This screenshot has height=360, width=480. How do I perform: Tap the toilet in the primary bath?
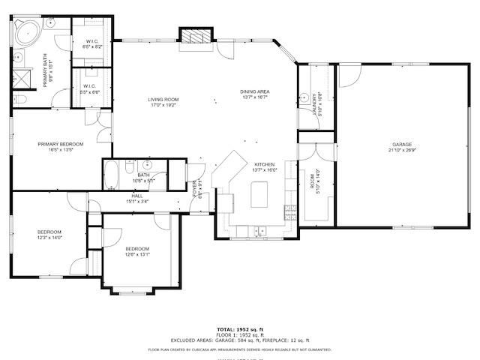click(19, 99)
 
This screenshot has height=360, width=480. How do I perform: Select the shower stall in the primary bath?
click(20, 78)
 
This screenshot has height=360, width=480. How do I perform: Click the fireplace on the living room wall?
click(196, 37)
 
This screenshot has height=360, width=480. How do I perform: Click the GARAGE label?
click(401, 144)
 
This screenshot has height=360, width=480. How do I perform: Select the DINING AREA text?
click(255, 91)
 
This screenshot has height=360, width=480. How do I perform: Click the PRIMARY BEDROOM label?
click(61, 144)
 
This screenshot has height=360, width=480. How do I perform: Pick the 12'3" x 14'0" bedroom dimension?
click(49, 238)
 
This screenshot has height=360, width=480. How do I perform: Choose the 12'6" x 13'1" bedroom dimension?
click(137, 254)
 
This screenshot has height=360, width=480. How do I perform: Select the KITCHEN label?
click(264, 164)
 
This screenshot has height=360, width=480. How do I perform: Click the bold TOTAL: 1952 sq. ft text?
click(240, 329)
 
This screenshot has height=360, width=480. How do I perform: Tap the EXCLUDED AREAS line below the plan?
click(240, 341)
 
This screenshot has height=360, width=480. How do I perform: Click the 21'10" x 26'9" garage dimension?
click(401, 151)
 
